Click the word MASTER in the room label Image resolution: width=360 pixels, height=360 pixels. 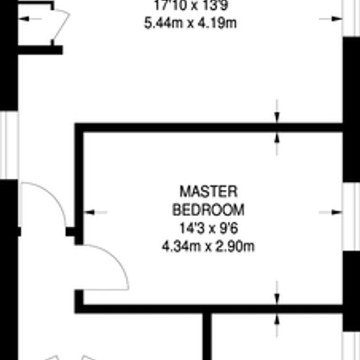click(208, 192)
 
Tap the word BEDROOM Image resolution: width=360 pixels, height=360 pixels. click(208, 210)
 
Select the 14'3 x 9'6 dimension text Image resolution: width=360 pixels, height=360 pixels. click(208, 228)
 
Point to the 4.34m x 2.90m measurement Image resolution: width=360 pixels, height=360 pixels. click(208, 247)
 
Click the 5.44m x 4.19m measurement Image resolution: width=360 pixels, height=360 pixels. click(190, 23)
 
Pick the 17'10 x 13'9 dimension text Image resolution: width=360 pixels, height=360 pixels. click(190, 5)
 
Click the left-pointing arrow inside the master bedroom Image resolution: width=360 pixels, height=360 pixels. click(95, 212)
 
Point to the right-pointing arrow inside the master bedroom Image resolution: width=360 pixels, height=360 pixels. click(331, 212)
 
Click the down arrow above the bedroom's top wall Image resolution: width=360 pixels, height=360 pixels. click(277, 111)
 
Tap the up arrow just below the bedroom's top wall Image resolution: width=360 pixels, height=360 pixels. click(277, 144)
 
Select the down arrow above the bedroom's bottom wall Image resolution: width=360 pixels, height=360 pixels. click(277, 293)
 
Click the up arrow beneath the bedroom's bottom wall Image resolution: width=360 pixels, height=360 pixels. click(277, 325)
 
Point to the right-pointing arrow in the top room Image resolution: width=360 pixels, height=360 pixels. click(331, 19)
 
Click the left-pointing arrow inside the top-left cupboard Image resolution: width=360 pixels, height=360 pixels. click(30, 19)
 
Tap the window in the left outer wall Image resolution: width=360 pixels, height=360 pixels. click(9, 145)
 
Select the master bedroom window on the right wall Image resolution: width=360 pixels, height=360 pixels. click(351, 217)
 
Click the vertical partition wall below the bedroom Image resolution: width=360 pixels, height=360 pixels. click(207, 336)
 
